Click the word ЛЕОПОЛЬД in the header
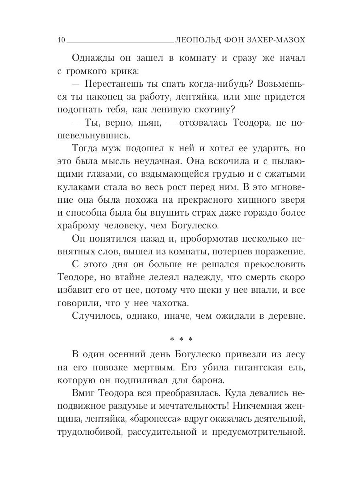pos(198,40)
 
